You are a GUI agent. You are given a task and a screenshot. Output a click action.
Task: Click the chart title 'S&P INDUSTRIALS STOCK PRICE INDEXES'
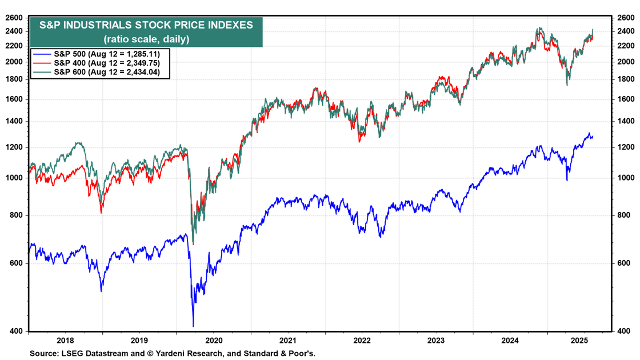click(146, 25)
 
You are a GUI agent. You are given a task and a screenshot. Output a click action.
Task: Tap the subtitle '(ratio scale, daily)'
click(146, 39)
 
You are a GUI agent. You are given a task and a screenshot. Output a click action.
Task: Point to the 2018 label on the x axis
click(65, 340)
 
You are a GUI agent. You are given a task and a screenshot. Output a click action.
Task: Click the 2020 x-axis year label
click(214, 340)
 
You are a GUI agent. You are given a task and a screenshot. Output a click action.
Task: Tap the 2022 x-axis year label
click(362, 340)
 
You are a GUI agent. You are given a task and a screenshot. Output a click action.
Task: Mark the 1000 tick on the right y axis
click(623, 178)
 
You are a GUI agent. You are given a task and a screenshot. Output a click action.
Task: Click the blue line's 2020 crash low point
click(193, 326)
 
